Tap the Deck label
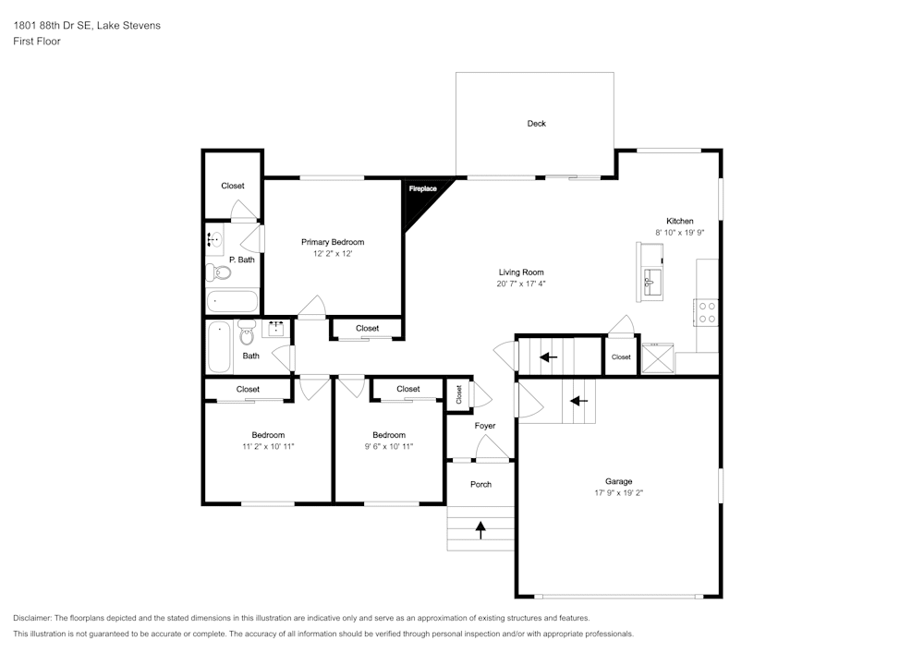click(x=536, y=123)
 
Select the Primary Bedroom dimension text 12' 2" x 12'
click(x=333, y=253)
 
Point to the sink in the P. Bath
click(x=213, y=240)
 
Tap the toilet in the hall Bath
click(x=247, y=332)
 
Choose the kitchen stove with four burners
click(x=707, y=312)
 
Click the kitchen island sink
click(x=650, y=280)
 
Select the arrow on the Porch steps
click(x=480, y=529)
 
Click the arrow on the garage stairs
click(x=578, y=401)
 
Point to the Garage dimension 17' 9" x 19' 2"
click(x=618, y=493)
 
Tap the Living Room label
click(x=521, y=272)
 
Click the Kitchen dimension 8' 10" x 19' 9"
click(x=680, y=233)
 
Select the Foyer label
click(x=485, y=426)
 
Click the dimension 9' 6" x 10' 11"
click(x=389, y=446)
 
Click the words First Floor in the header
click(x=37, y=42)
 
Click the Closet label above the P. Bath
click(x=233, y=186)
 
